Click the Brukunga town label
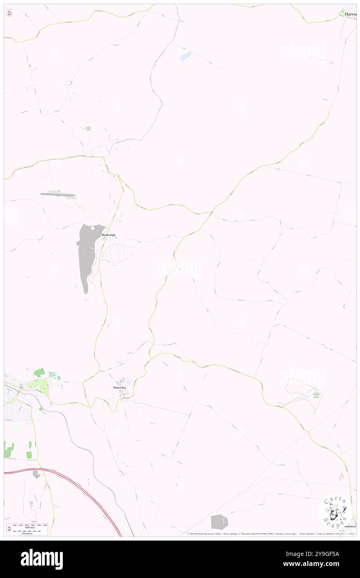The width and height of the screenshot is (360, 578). click(x=108, y=235)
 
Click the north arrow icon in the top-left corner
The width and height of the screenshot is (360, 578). click(x=9, y=13)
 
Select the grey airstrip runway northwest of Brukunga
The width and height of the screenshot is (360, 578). click(x=59, y=194)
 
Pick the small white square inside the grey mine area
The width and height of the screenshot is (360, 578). click(x=93, y=228)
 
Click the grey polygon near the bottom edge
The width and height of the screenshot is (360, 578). click(x=219, y=522)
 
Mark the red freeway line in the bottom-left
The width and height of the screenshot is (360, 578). click(x=83, y=491)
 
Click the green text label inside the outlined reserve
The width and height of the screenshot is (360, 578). click(x=317, y=395)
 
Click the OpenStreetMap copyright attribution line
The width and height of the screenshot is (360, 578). click(x=270, y=534)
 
